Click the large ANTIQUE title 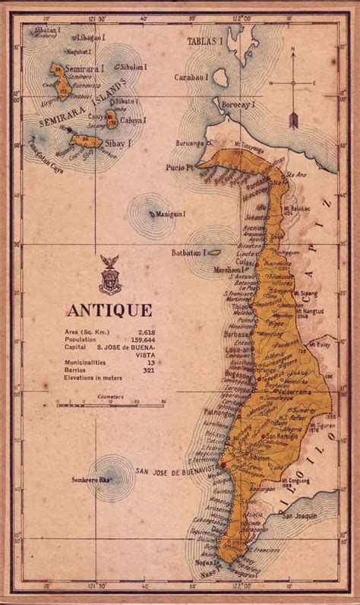click(109, 310)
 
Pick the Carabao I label click(190, 77)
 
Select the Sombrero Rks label click(108, 480)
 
